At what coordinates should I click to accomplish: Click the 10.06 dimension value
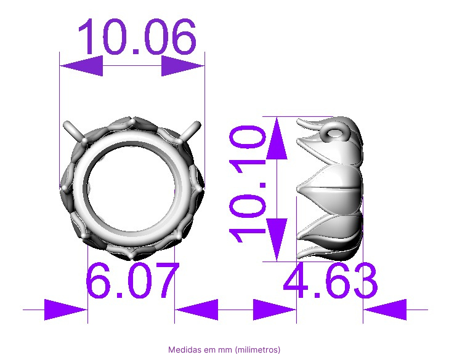(137, 37)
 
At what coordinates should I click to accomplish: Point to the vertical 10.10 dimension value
(248, 184)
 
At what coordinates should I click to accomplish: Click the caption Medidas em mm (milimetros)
(224, 350)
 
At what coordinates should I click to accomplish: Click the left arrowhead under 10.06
(81, 66)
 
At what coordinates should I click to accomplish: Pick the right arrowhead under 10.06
(183, 66)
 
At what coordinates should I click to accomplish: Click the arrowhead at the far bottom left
(66, 310)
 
